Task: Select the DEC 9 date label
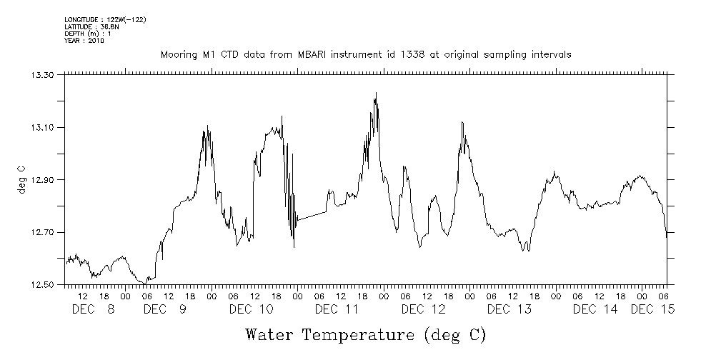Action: click(165, 309)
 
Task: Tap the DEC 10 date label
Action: click(251, 309)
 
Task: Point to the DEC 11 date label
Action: click(337, 309)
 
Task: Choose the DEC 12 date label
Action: click(423, 309)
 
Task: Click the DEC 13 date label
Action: click(509, 309)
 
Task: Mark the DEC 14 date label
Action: click(595, 309)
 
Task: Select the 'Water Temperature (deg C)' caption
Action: click(365, 334)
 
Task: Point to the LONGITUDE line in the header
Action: click(105, 19)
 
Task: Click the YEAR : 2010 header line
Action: click(85, 41)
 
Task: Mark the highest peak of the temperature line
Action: click(375, 93)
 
